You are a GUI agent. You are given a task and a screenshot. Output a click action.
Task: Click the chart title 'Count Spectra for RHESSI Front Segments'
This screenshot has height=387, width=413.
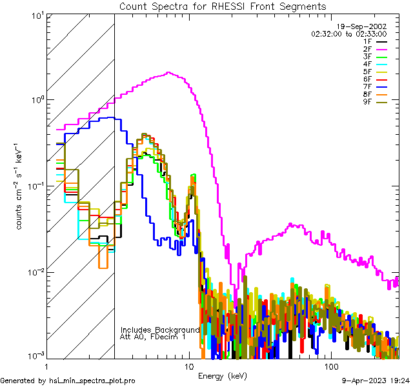click(223, 6)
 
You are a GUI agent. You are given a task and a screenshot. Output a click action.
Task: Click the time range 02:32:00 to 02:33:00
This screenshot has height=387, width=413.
click(348, 34)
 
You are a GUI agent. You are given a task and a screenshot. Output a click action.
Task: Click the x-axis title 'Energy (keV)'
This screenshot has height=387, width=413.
click(223, 375)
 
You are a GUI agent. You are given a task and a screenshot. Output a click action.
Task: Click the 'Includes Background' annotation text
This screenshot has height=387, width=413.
click(160, 330)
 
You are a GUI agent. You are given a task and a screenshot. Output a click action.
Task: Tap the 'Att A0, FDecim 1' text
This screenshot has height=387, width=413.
click(152, 337)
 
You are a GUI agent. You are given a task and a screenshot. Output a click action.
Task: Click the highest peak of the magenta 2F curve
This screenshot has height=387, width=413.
click(168, 73)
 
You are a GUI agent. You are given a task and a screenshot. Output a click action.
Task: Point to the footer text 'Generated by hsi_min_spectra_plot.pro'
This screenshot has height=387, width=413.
click(68, 381)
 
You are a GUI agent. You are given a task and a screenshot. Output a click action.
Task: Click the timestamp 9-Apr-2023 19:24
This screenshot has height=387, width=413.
click(375, 381)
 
